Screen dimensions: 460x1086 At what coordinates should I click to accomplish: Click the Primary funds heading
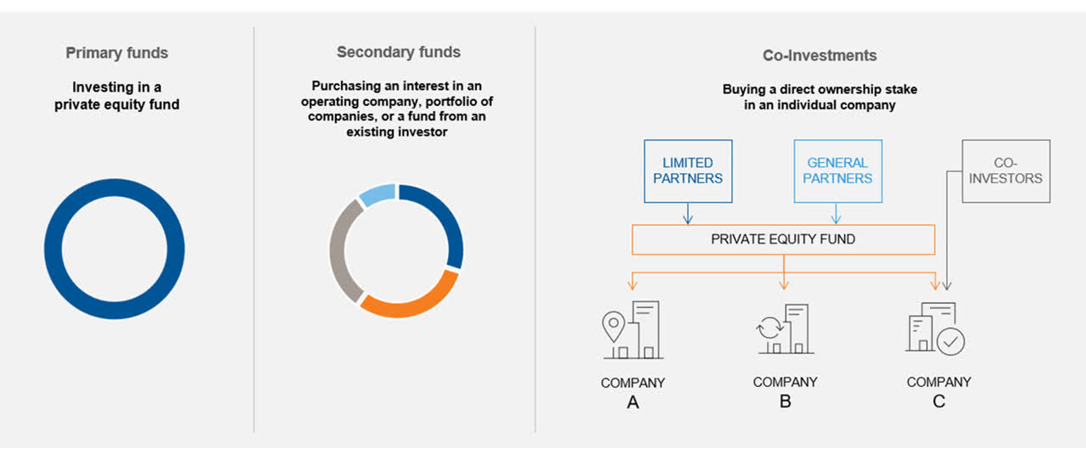117,53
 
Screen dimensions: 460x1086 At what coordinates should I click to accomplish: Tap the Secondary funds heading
399,52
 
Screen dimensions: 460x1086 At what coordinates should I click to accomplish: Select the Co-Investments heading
820,56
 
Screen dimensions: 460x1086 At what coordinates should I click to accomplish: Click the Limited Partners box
688,171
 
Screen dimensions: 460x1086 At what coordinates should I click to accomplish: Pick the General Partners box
837,171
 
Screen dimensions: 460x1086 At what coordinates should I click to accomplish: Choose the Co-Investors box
1005,171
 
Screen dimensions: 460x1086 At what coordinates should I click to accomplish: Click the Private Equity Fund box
782,239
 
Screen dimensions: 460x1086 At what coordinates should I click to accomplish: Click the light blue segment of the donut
378,194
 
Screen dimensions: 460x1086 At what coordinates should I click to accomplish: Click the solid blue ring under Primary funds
53,250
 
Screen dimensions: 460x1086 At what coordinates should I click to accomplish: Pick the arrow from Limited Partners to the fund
688,214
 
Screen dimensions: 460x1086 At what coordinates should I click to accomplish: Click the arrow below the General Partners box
837,214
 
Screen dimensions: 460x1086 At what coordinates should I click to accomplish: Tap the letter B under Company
786,401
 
